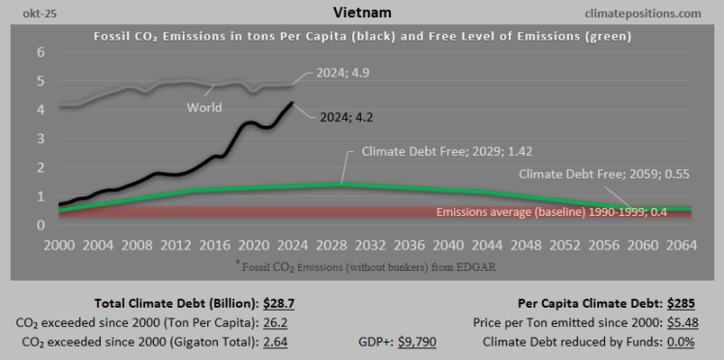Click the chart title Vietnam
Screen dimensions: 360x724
362,13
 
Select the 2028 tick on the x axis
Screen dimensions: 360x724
328,244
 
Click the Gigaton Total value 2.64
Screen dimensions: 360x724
276,341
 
